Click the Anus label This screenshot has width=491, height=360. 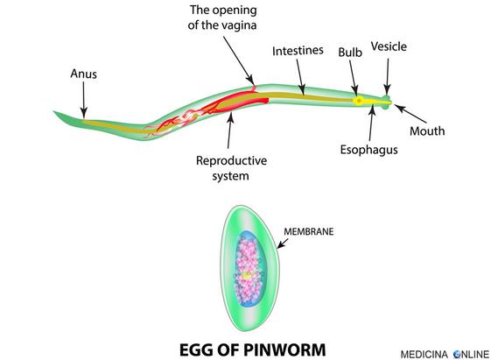(x=83, y=74)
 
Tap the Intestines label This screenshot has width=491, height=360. (x=298, y=51)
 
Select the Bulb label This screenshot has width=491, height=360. (x=350, y=53)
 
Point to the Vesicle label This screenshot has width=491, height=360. (x=389, y=46)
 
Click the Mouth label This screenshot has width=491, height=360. (x=427, y=131)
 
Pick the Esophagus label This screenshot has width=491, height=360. (x=368, y=150)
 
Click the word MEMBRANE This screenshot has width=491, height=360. (x=308, y=231)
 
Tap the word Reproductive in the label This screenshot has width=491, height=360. (x=231, y=161)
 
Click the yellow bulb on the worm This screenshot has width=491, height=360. (x=359, y=101)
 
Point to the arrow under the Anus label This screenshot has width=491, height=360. (x=83, y=100)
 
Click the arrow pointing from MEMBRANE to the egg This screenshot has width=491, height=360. (x=283, y=244)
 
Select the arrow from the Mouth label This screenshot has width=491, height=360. (x=410, y=113)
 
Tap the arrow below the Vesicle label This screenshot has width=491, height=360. (x=388, y=76)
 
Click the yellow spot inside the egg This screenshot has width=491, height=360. (x=247, y=276)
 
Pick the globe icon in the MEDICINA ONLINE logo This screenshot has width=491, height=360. (x=458, y=355)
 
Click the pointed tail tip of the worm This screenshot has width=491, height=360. (x=54, y=111)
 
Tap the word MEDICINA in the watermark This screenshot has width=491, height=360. (x=424, y=355)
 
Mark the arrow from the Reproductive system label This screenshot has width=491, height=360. (x=230, y=131)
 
